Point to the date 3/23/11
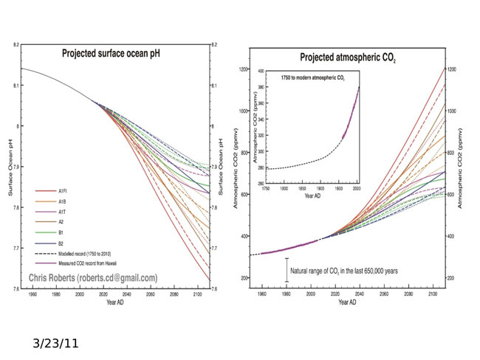click(x=56, y=343)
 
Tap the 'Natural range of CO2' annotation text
click(x=344, y=271)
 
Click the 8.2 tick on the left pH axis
click(x=16, y=45)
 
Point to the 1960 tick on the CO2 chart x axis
click(x=262, y=294)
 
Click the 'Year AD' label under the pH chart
click(x=115, y=302)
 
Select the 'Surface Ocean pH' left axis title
click(x=10, y=167)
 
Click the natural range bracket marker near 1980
click(x=286, y=269)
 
